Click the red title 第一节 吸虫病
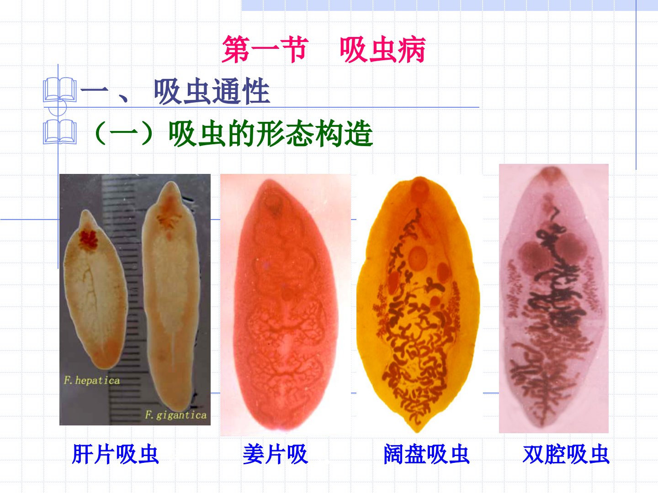click(x=324, y=49)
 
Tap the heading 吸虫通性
click(x=212, y=92)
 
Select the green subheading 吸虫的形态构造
click(x=271, y=133)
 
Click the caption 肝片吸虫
click(x=115, y=454)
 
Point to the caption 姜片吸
click(x=276, y=454)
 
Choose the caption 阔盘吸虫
click(x=427, y=454)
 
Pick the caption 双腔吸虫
click(x=566, y=454)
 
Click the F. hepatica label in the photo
click(x=92, y=380)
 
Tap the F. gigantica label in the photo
click(x=176, y=415)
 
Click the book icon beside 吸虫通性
click(x=60, y=90)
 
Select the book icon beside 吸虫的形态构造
click(x=60, y=132)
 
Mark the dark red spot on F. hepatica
click(x=89, y=241)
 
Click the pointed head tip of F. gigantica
click(x=170, y=182)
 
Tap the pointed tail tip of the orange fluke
click(x=417, y=431)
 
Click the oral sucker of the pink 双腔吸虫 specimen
click(x=551, y=173)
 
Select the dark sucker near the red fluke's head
click(x=273, y=204)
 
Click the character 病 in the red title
click(x=412, y=49)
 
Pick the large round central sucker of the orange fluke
click(x=418, y=257)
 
